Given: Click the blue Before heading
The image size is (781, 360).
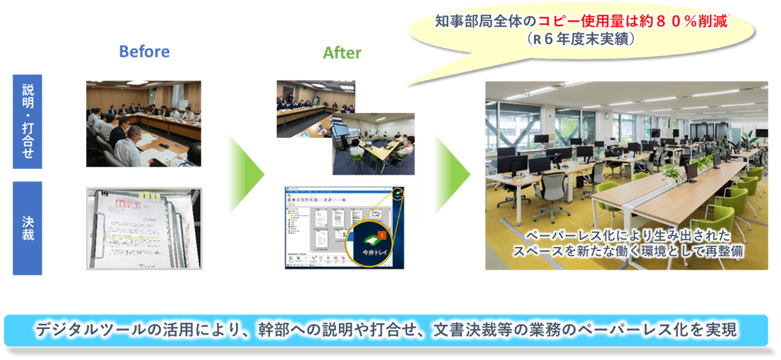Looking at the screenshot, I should [x=144, y=51].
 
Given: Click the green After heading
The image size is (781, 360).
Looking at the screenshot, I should [x=342, y=53].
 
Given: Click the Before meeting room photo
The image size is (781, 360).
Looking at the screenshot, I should [x=143, y=124].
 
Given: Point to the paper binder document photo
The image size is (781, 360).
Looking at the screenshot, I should [x=144, y=228].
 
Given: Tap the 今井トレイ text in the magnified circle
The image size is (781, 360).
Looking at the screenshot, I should [x=371, y=253].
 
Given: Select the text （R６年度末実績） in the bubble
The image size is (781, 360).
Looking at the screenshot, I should [x=580, y=39].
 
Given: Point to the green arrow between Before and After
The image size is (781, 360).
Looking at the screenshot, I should [x=238, y=174].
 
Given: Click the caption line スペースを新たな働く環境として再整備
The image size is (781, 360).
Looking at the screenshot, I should [x=628, y=251].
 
